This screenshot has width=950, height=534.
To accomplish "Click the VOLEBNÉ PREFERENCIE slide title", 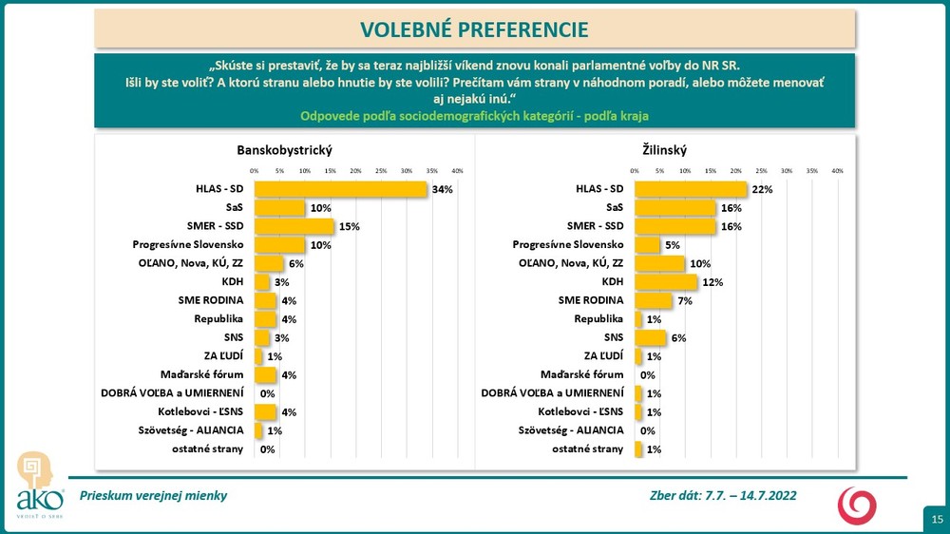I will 474,29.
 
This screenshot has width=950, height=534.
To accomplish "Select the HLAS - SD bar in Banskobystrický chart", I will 340,189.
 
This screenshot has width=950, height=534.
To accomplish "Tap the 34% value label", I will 443,190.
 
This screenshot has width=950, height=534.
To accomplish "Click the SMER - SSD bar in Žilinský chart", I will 674,226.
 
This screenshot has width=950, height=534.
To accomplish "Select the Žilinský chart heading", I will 664,150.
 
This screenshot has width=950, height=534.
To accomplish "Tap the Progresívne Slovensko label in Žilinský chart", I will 568,244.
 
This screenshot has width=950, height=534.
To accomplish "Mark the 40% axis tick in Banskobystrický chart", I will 457,171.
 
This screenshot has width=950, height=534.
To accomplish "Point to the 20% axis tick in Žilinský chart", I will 736,171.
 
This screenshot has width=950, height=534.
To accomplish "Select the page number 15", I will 937,519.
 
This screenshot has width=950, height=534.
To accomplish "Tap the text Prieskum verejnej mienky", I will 154,495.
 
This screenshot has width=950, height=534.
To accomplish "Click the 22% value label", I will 763,190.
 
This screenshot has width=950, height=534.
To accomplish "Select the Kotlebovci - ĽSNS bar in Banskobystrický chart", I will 265,411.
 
